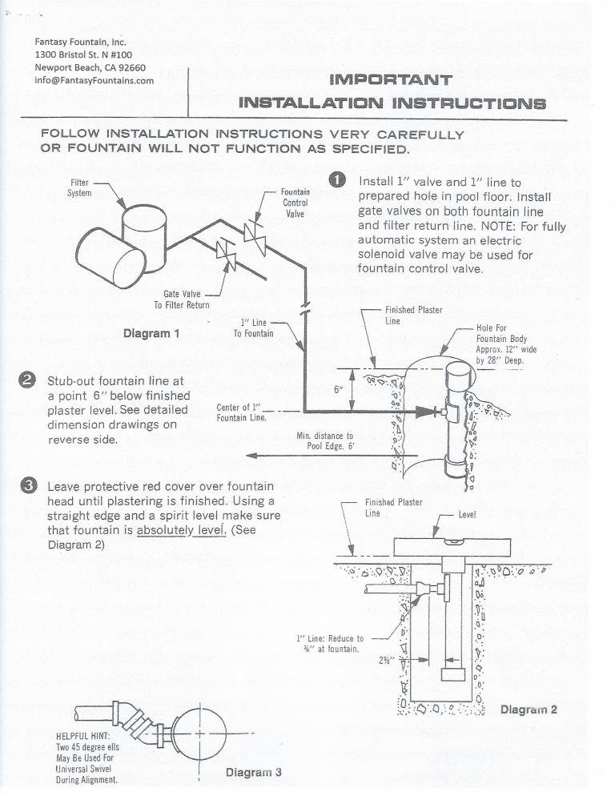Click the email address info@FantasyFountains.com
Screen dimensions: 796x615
coord(94,80)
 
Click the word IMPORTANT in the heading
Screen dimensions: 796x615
coord(391,80)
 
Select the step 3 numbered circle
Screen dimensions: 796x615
coord(26,485)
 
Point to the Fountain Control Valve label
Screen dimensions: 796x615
coord(294,203)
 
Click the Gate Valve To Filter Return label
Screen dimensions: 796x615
coord(181,300)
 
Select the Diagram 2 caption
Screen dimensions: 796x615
coord(529,710)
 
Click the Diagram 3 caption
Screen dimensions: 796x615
coord(253,773)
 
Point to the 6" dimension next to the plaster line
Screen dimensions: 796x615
coord(339,390)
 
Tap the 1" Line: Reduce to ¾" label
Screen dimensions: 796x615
coord(330,643)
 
